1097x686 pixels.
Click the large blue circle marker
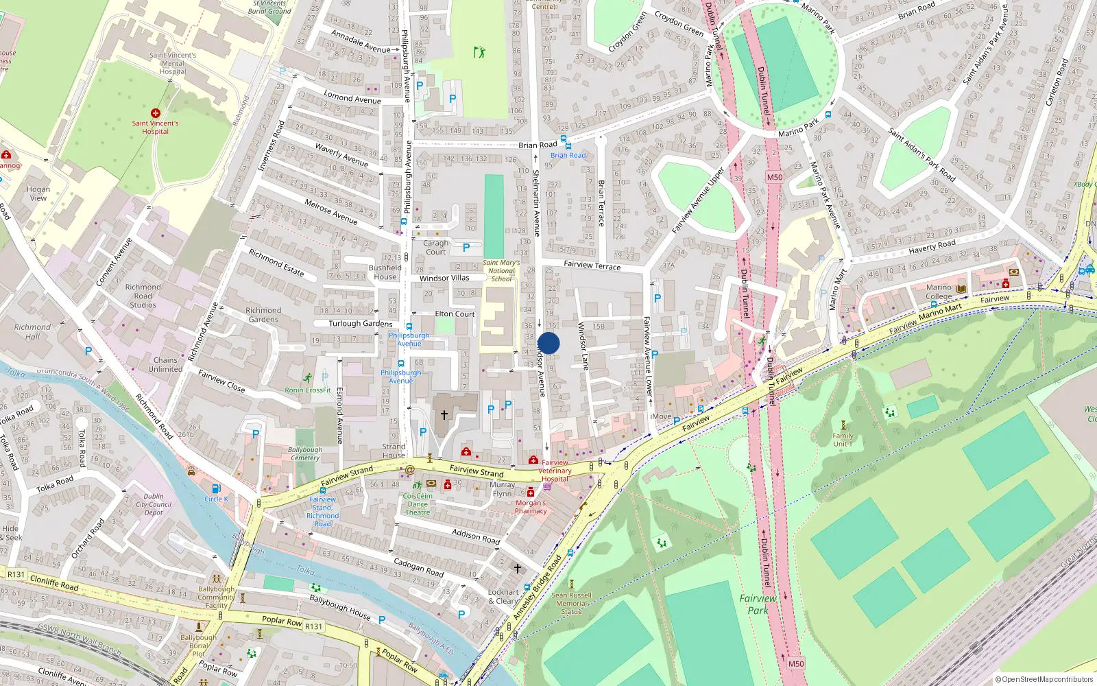pos(548,343)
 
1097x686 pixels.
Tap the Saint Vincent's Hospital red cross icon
pos(156,113)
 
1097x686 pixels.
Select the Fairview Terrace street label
pos(592,265)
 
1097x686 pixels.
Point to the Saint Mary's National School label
pos(501,271)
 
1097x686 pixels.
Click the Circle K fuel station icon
pos(216,488)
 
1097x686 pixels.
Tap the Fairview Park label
pos(758,604)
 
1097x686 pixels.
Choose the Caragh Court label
pos(435,248)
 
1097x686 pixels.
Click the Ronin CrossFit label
pos(308,390)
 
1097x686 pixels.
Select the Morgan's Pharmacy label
pos(531,506)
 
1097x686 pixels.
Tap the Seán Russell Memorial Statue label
pos(571,603)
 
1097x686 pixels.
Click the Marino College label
pos(939,292)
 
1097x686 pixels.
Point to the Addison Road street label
pos(476,536)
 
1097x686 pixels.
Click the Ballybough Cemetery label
pos(305,454)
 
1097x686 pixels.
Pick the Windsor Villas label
pos(444,278)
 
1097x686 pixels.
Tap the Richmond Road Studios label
pos(143,296)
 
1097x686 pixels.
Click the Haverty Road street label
pos(932,246)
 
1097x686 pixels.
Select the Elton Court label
pos(455,314)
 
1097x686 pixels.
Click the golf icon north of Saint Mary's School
pos(479,52)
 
